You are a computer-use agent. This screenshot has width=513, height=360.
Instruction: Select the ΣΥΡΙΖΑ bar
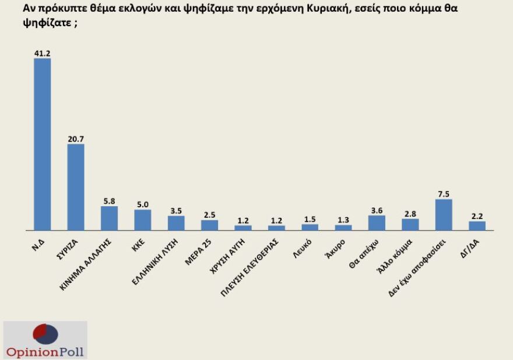tap(76, 186)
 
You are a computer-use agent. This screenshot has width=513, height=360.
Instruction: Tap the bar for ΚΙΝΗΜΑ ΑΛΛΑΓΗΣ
tap(110, 218)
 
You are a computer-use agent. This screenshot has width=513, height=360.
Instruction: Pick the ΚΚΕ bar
tap(143, 220)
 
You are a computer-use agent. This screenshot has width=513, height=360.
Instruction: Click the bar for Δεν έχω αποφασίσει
tap(444, 214)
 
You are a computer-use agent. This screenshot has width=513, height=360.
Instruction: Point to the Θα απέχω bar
tap(377, 223)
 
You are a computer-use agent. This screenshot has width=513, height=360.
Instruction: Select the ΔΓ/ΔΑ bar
tap(477, 225)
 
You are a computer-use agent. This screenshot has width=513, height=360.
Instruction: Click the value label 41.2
tap(43, 53)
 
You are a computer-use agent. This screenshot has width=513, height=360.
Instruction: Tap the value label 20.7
tap(76, 139)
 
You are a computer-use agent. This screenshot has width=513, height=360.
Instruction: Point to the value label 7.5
tap(444, 194)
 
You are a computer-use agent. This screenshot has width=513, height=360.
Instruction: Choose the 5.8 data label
tap(110, 201)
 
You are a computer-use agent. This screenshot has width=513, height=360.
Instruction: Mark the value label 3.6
tap(377, 210)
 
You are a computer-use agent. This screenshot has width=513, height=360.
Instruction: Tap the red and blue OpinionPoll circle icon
tap(45, 334)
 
